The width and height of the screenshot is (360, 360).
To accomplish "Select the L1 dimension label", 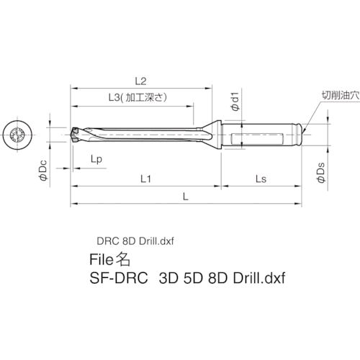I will tap(145, 177).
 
